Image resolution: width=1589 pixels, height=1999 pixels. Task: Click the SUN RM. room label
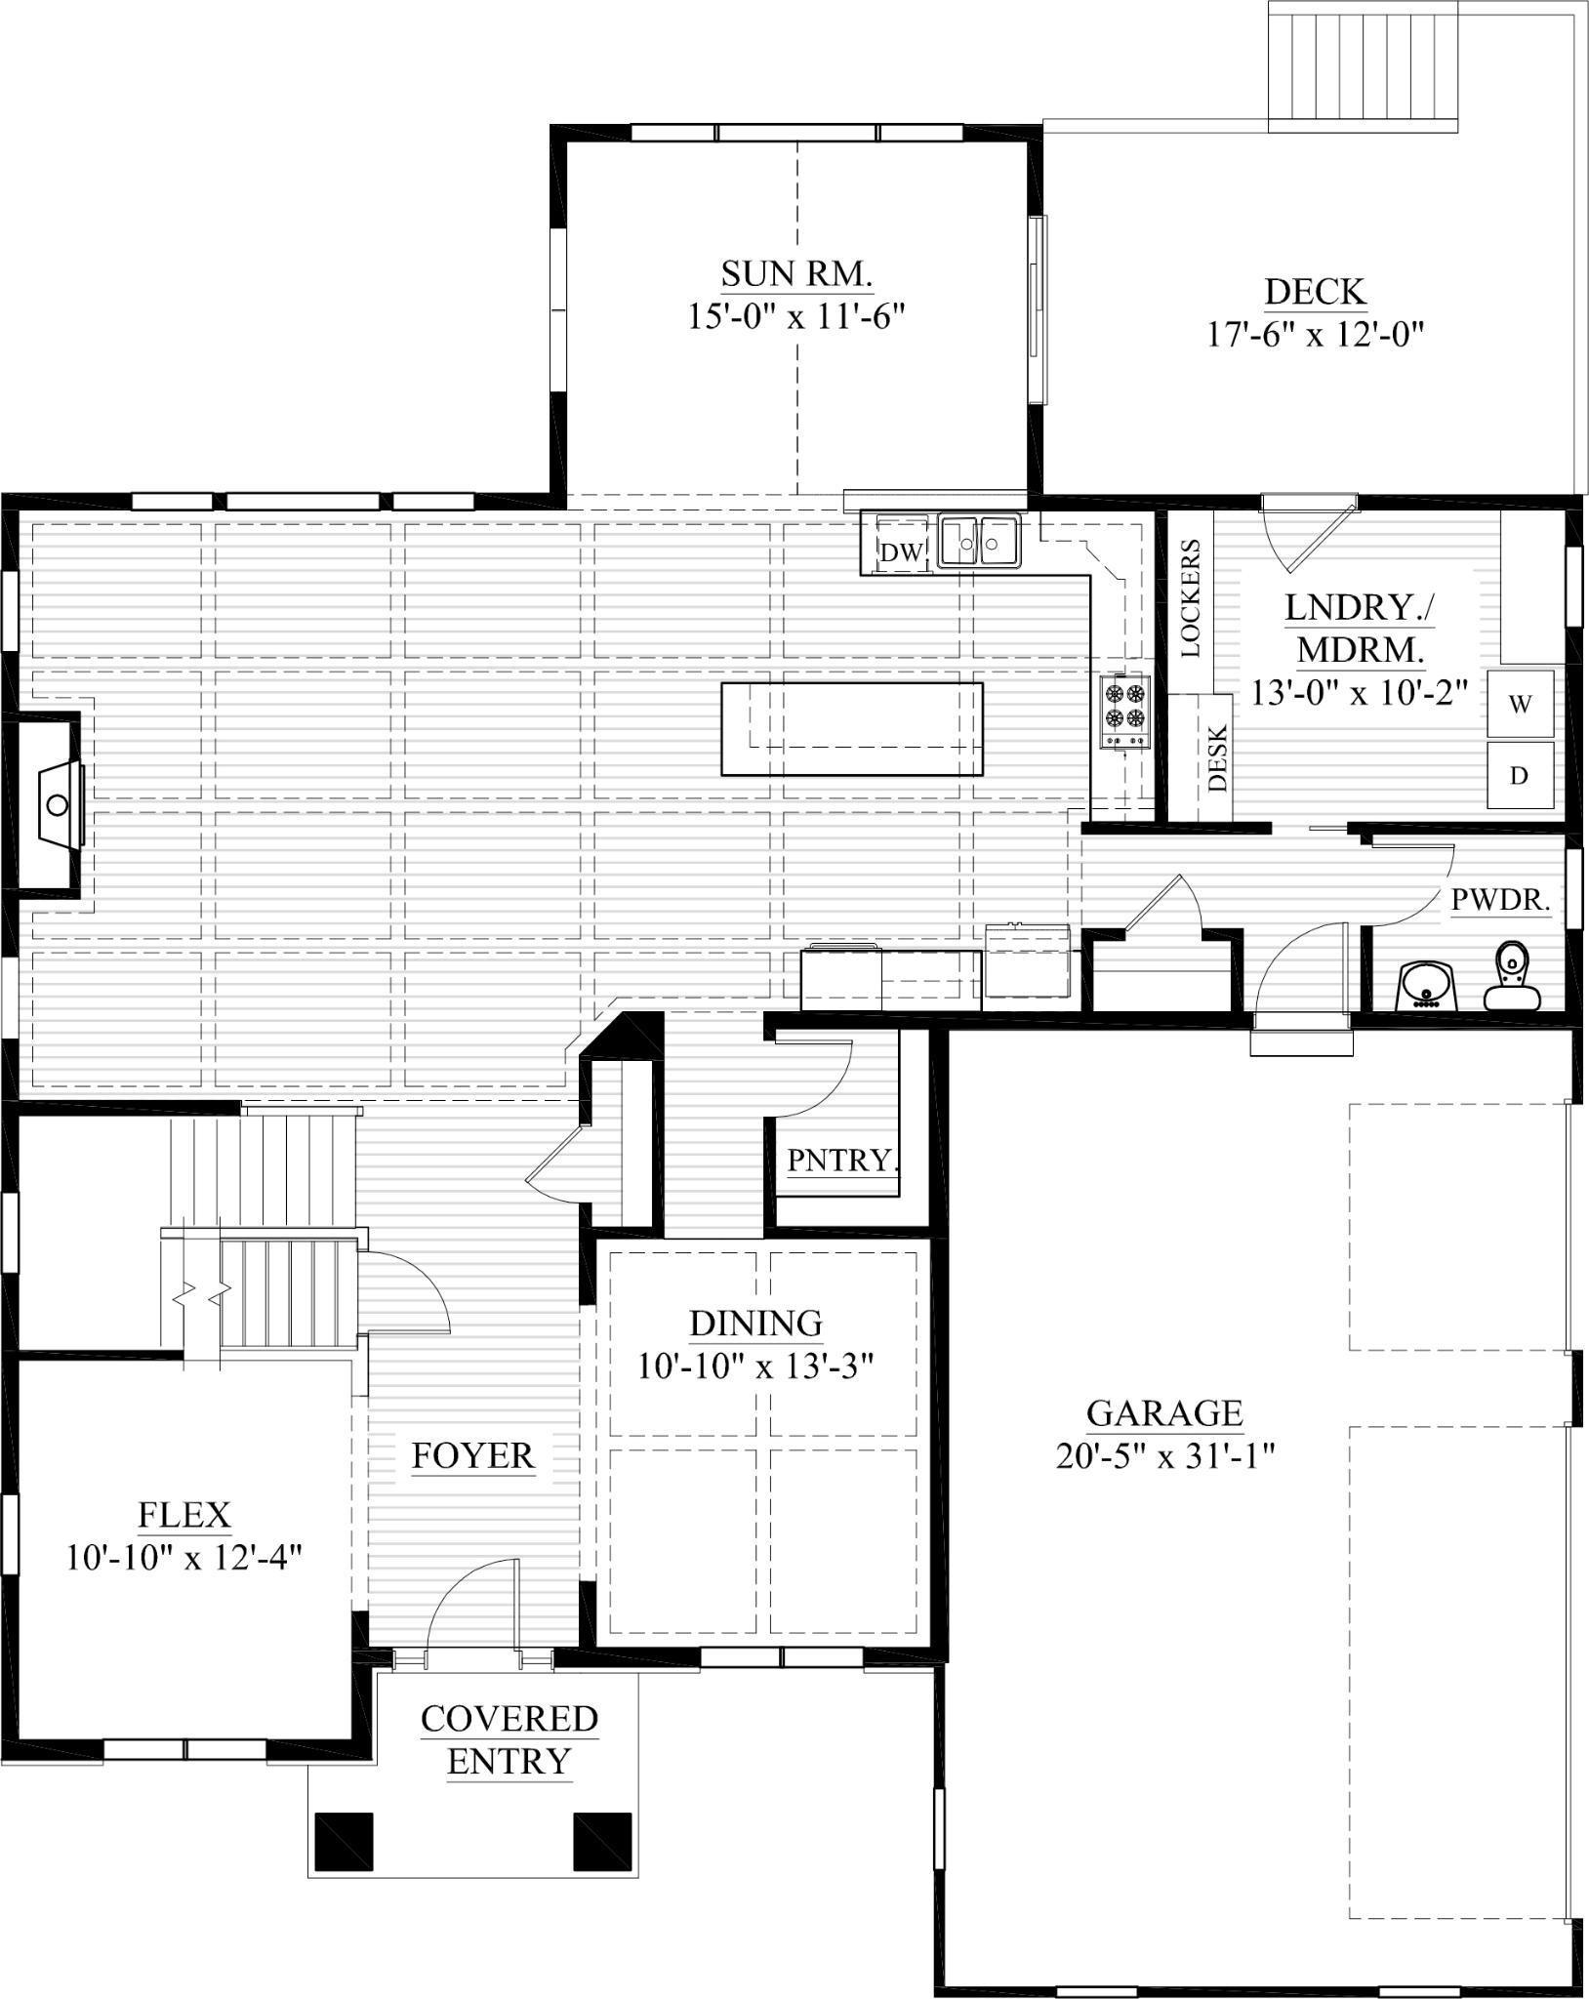pos(796,274)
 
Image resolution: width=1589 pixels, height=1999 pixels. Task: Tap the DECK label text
pos(1315,292)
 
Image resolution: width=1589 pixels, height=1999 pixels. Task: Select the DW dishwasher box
pos(900,552)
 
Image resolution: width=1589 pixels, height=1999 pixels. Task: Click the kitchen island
pos(851,729)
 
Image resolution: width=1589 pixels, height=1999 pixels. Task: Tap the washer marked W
pos(1520,703)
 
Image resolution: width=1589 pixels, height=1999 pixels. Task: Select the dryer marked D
pos(1520,775)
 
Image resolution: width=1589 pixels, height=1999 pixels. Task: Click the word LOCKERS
pos(1191,597)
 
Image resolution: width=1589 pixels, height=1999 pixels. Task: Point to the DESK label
pos(1216,757)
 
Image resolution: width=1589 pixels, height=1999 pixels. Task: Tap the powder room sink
pos(1427,986)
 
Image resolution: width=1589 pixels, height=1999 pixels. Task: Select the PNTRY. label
pos(841,1161)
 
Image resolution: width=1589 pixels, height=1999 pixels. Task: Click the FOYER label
pos(473,1455)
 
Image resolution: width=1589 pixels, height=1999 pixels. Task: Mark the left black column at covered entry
pos(344,1840)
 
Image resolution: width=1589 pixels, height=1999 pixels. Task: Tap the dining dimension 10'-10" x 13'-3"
pos(754,1366)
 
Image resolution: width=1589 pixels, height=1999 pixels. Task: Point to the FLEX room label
pos(184,1515)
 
